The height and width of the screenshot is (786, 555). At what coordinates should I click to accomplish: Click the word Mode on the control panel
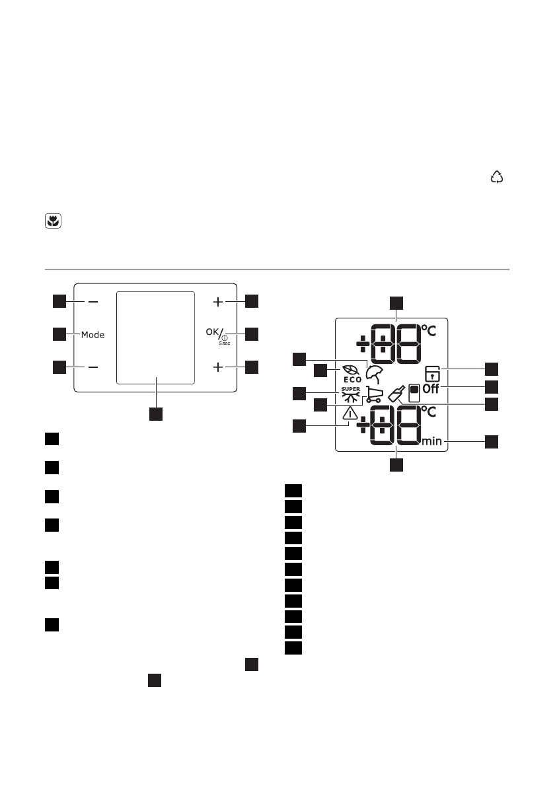[93, 335]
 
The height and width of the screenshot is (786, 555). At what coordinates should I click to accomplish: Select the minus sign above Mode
[92, 302]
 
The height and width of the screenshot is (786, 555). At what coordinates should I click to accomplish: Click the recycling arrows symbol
[496, 176]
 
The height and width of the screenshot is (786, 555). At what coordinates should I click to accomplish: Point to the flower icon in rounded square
[52, 223]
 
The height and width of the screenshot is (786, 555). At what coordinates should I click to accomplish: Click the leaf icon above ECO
[351, 371]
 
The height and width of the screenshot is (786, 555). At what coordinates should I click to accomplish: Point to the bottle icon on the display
[396, 394]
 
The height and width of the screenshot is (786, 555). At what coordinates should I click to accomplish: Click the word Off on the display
[431, 389]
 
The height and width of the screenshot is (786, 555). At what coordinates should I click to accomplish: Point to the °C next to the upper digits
[429, 329]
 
